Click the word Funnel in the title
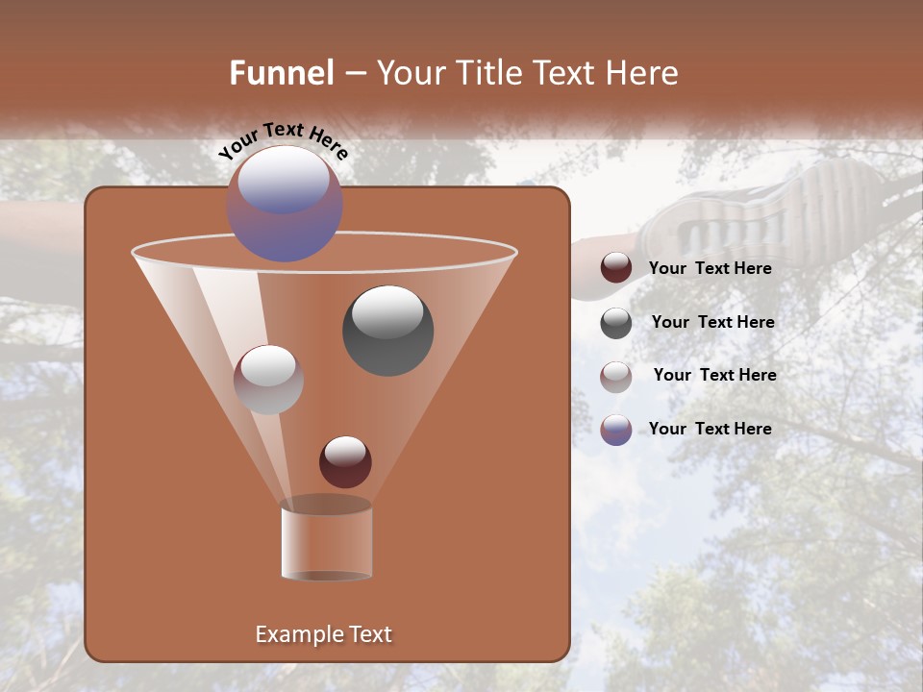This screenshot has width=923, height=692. click(x=282, y=73)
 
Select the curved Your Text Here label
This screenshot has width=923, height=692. click(x=284, y=140)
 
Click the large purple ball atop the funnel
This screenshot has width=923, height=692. click(x=285, y=204)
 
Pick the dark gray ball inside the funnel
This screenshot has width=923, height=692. click(x=387, y=331)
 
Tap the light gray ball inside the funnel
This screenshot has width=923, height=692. click(x=268, y=380)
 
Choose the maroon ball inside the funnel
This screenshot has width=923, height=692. click(x=345, y=461)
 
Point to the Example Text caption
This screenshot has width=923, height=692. click(x=324, y=634)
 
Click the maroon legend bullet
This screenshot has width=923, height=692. click(x=616, y=268)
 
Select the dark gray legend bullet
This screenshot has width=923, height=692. click(x=616, y=323)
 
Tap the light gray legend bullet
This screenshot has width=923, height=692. click(x=616, y=376)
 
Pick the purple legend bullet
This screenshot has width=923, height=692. click(x=616, y=430)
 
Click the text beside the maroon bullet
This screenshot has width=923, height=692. click(x=710, y=268)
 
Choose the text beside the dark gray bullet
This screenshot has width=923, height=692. click(x=712, y=322)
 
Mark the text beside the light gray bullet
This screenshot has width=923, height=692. click(x=714, y=375)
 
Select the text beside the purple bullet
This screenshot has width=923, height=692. click(x=710, y=429)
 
